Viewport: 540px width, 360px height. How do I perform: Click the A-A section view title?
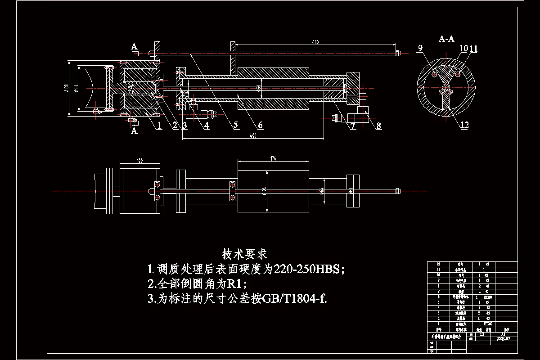click(446, 39)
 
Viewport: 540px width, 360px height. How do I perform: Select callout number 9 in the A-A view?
click(421, 49)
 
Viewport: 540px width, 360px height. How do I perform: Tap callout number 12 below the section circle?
click(464, 125)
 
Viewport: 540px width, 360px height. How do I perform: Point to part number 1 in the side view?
click(159, 126)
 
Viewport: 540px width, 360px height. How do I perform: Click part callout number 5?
click(236, 126)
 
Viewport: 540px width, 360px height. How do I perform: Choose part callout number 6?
click(260, 125)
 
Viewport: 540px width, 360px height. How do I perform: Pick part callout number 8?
click(378, 126)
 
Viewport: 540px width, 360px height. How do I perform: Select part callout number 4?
click(207, 126)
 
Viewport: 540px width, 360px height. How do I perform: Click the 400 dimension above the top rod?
click(315, 42)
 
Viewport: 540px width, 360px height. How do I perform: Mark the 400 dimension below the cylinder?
click(252, 135)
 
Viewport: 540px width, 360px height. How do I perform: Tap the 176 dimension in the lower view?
click(273, 158)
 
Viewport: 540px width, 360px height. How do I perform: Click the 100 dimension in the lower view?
click(139, 160)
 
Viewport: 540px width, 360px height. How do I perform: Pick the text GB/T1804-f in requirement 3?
click(291, 298)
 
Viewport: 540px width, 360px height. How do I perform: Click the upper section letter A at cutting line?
click(134, 46)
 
